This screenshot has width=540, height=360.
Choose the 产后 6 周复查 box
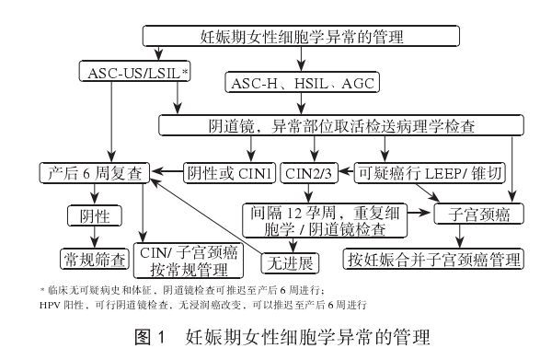point(95,171)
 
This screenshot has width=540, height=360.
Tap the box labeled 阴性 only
point(90,215)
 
